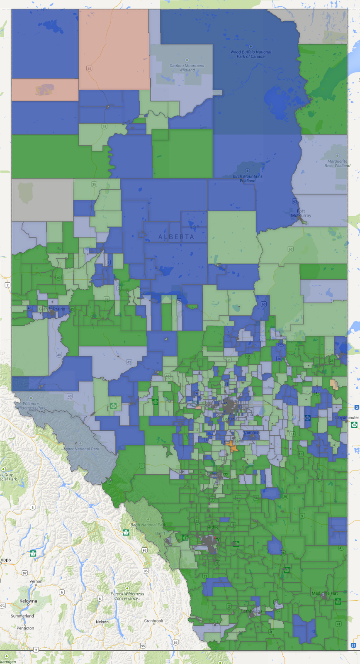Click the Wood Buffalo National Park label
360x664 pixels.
251,54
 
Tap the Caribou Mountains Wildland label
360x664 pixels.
187,68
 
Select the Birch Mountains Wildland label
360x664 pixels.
247,178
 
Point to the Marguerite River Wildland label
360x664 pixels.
337,163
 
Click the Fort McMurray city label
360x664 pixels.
301,213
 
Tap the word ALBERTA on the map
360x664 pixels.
176,237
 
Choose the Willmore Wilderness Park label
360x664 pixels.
31,405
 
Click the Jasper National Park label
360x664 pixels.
80,449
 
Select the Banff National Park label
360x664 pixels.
148,525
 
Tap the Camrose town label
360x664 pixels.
251,432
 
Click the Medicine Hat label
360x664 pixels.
325,593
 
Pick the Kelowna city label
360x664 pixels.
28,601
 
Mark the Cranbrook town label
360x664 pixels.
153,621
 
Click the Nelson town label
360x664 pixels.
102,622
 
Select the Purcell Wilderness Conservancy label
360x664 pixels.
127,596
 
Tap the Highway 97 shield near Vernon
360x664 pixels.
25,573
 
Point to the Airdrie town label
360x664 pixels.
212,527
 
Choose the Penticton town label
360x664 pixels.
25,628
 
